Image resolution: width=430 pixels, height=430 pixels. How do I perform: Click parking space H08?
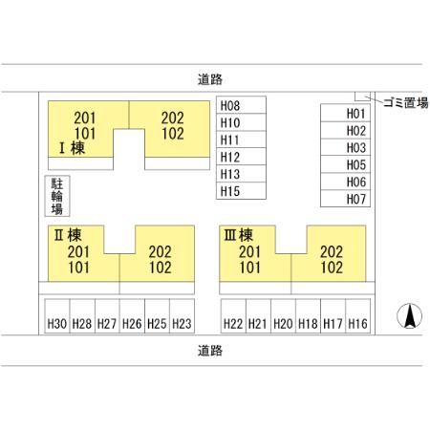241,105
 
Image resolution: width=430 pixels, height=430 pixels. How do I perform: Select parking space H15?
241,191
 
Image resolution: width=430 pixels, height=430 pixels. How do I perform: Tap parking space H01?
345,113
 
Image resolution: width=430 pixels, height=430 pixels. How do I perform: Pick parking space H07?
345,199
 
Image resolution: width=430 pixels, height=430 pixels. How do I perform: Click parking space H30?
57,316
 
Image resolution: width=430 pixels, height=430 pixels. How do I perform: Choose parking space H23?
183,316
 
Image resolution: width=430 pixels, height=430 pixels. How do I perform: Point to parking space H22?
233,316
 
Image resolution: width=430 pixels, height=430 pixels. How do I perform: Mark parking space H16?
358,316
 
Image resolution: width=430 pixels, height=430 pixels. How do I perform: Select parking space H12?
241,157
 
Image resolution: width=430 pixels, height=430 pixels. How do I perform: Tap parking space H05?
345,164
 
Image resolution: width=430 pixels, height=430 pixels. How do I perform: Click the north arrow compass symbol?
410,315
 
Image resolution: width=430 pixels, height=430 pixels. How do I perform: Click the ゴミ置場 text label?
406,103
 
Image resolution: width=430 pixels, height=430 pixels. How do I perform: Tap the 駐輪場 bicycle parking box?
57,196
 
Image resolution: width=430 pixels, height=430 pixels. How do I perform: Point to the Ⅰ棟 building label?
73,148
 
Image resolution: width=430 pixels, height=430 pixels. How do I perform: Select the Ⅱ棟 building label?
68,235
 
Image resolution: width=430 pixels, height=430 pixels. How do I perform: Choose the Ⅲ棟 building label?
239,235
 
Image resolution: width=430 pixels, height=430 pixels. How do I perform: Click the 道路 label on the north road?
210,79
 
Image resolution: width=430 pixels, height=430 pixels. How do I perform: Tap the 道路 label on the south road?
210,351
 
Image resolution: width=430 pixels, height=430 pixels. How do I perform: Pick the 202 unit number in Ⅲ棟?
332,252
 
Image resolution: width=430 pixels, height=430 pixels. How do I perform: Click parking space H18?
308,316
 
